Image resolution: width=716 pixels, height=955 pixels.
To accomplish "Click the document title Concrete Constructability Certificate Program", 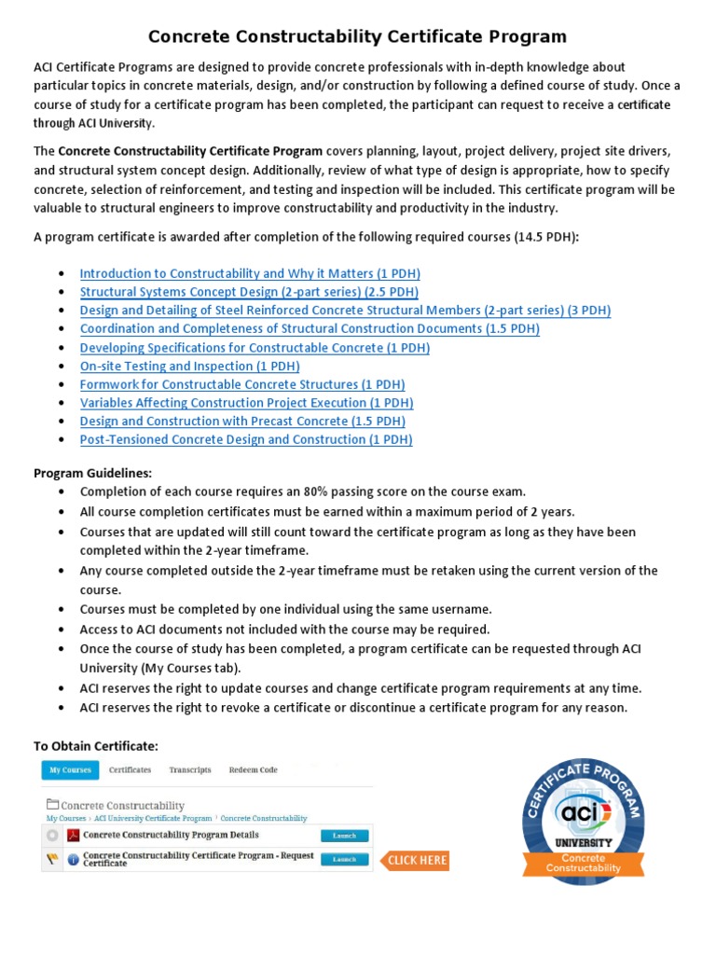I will coord(358,36).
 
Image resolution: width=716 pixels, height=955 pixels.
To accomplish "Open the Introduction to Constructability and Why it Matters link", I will coord(250,273).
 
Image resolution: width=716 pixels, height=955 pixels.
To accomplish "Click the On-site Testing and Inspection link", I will coord(189,366).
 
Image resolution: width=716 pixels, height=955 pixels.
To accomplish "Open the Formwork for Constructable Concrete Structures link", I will coord(242,384).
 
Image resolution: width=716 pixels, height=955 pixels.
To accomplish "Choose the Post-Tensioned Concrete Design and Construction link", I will coord(246,439).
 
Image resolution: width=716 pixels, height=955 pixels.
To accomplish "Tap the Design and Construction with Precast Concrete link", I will coord(242,421).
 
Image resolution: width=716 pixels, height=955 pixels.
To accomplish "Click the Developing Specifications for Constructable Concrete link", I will coord(255,347).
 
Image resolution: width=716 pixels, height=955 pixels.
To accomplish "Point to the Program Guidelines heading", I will coord(92,473).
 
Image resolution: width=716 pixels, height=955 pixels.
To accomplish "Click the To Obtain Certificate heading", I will coord(96,746).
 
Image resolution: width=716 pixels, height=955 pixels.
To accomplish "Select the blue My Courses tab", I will coord(70,770).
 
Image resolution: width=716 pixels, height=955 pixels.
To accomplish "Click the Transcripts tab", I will coord(190,770).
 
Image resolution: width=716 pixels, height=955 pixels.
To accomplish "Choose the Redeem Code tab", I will coord(253,770).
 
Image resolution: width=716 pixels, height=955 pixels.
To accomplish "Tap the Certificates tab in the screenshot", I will coord(130,770).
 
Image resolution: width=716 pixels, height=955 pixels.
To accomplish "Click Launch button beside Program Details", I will coord(344,836).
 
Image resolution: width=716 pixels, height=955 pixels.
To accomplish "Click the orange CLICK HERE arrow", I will coord(415,860).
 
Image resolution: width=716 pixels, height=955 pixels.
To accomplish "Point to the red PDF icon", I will coord(73,836).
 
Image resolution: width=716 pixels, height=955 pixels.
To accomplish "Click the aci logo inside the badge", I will coord(584,812).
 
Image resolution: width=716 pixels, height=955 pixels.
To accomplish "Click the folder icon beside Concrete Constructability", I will coord(53,804).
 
